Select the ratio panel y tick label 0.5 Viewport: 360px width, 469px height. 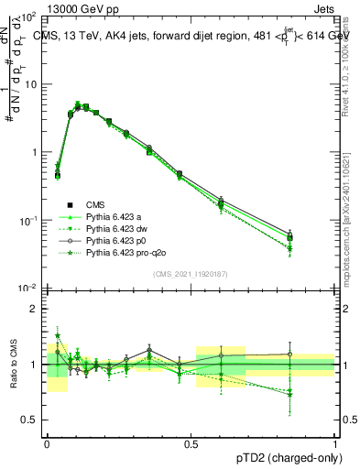click(x=28, y=420)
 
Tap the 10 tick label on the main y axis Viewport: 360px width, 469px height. click(x=29, y=84)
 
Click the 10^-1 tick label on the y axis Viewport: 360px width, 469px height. click(x=27, y=221)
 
